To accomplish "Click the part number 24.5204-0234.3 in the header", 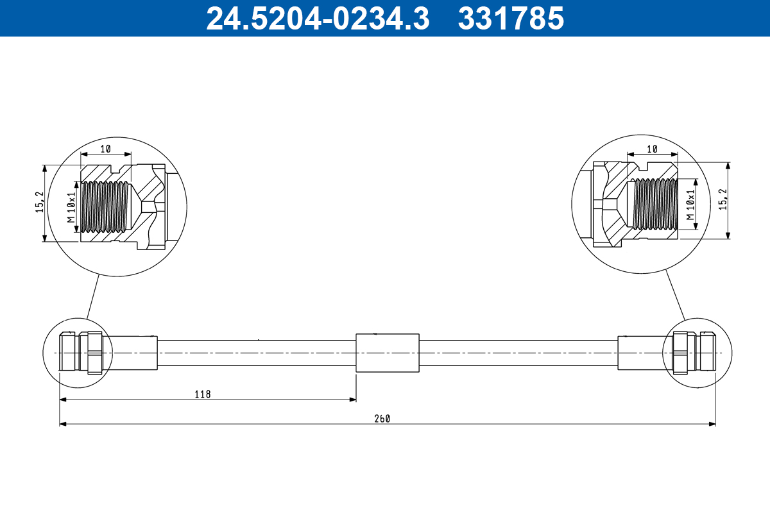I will click(x=318, y=18).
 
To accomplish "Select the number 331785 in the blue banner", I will click(x=511, y=18).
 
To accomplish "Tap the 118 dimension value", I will click(x=203, y=394).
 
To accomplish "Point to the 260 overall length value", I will click(x=382, y=418).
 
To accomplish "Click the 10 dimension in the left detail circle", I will click(x=106, y=149).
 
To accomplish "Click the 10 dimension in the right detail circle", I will click(x=652, y=149).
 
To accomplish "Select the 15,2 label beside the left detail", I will click(x=40, y=202).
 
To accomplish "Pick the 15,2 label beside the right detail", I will click(x=723, y=199).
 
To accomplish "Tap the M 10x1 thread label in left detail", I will click(x=71, y=206).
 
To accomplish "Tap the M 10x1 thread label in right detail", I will click(x=691, y=205).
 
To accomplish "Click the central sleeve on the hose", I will click(x=387, y=353).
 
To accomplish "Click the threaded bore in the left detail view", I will click(x=106, y=206).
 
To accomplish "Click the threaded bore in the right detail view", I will click(x=654, y=203).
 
